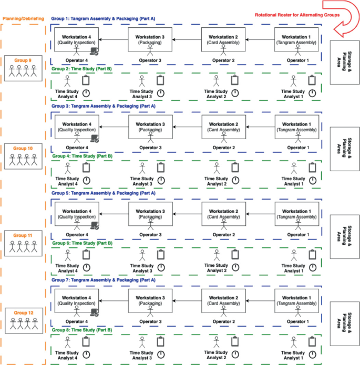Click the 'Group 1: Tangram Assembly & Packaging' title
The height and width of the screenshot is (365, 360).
pyautogui.click(x=103, y=18)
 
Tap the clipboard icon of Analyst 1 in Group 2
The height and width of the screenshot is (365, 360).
pyautogui.click(x=312, y=80)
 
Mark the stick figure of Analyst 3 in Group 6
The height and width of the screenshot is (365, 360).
pyautogui.click(x=141, y=255)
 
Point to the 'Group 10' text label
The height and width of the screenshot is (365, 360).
pyautogui.click(x=23, y=149)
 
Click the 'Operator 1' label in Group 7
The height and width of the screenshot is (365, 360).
pyautogui.click(x=297, y=321)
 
